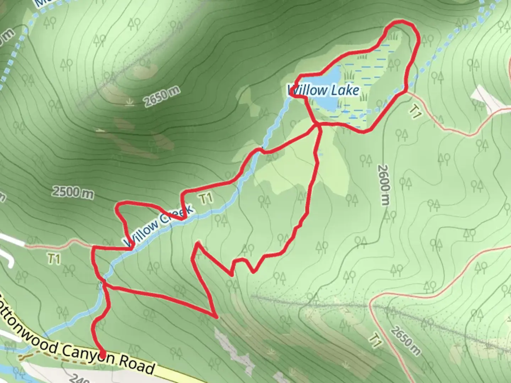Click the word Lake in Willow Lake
coord(345,90)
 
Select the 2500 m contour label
coord(73,192)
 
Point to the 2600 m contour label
coord(384,184)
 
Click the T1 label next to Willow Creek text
coord(206,198)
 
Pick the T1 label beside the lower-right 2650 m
coord(375,340)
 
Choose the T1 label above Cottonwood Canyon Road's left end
coord(54,259)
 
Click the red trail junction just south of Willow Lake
coord(317,124)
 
